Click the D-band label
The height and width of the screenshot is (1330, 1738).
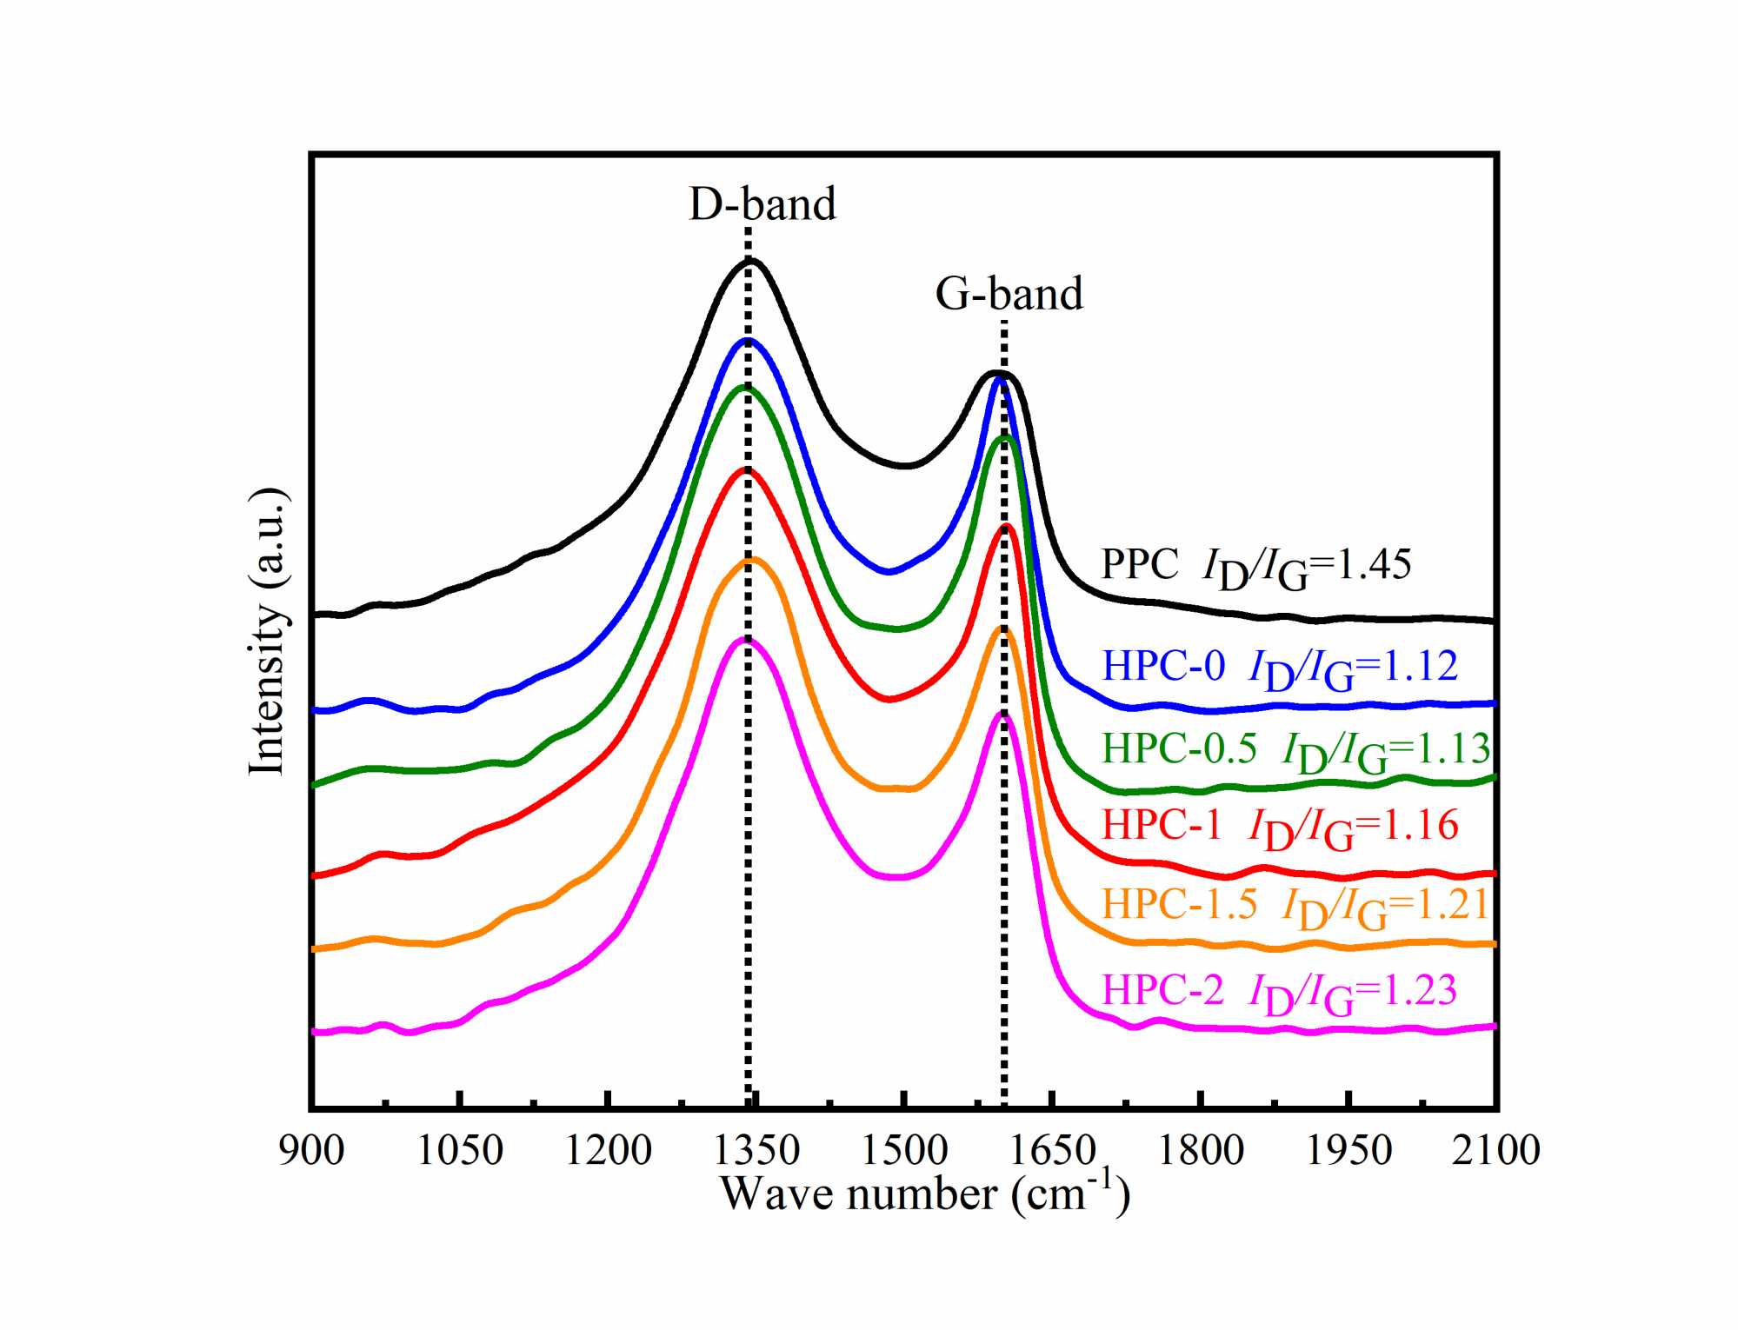[x=762, y=204]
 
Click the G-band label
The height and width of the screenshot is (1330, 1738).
[x=1009, y=294]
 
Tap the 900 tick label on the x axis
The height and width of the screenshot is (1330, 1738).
[x=311, y=1151]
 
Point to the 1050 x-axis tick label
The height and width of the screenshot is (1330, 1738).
[x=460, y=1151]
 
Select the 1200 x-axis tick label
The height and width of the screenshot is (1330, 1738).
[x=608, y=1151]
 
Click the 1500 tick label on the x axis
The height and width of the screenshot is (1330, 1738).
[x=904, y=1151]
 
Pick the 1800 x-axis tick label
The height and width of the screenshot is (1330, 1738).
[x=1201, y=1151]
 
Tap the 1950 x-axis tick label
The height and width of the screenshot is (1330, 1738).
[x=1348, y=1151]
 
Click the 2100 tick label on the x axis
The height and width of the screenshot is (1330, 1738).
[x=1495, y=1151]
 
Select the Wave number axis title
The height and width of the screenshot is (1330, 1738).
[x=925, y=1194]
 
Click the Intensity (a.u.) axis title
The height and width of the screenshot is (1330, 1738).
[x=269, y=631]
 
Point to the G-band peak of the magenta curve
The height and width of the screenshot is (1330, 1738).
[x=1002, y=715]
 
